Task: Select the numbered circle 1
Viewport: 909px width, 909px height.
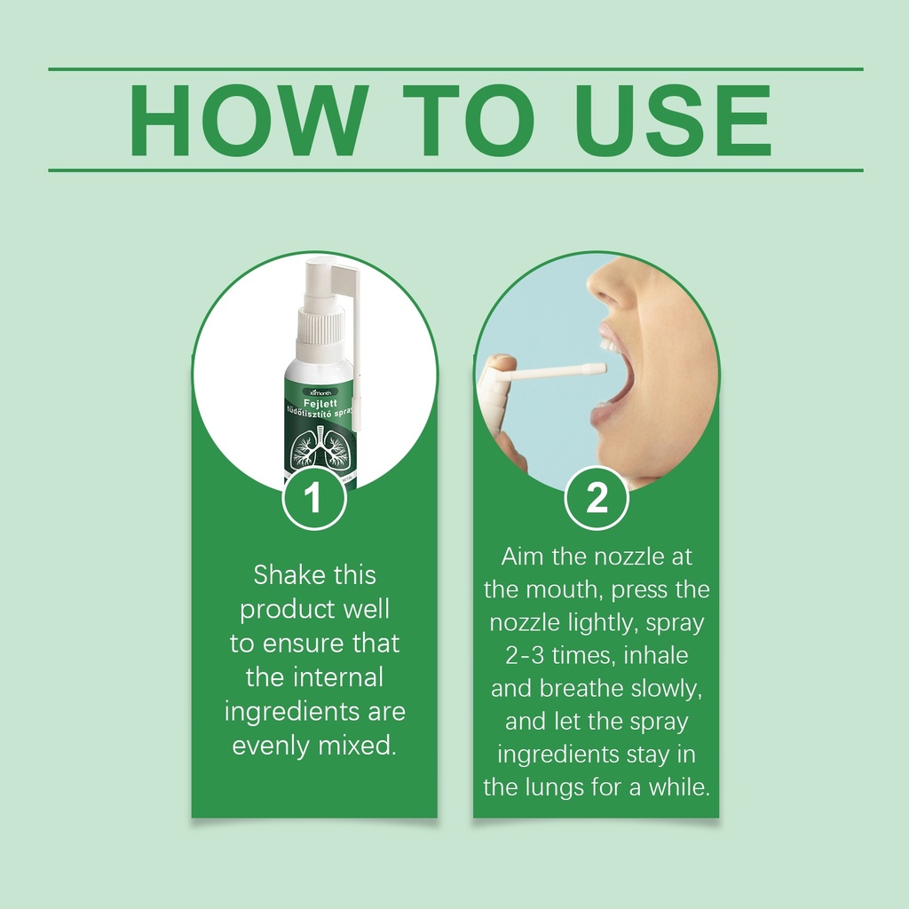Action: click(313, 497)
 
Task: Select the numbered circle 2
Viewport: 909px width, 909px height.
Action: click(596, 497)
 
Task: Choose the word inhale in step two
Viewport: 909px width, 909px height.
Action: click(656, 655)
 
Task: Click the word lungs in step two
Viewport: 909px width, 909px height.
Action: click(556, 788)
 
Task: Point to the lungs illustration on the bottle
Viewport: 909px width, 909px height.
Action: click(319, 447)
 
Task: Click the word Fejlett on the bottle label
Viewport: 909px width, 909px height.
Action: click(320, 403)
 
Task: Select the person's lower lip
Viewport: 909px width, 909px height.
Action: click(605, 415)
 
